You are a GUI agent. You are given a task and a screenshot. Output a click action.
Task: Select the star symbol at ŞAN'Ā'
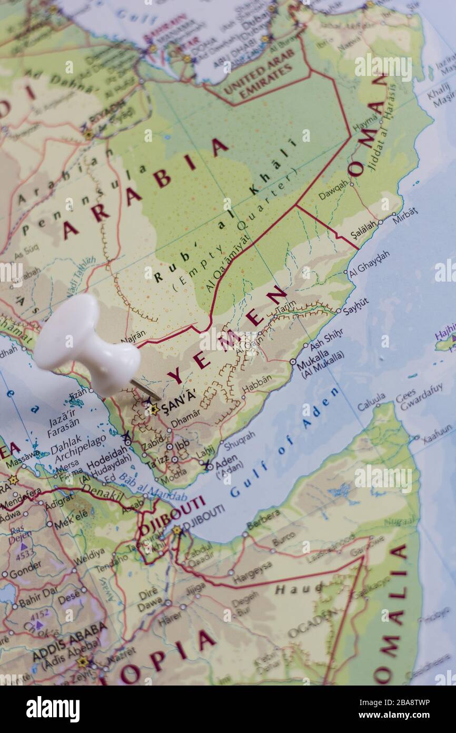click(153, 409)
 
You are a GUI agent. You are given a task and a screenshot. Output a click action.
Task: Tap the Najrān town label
click(133, 336)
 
